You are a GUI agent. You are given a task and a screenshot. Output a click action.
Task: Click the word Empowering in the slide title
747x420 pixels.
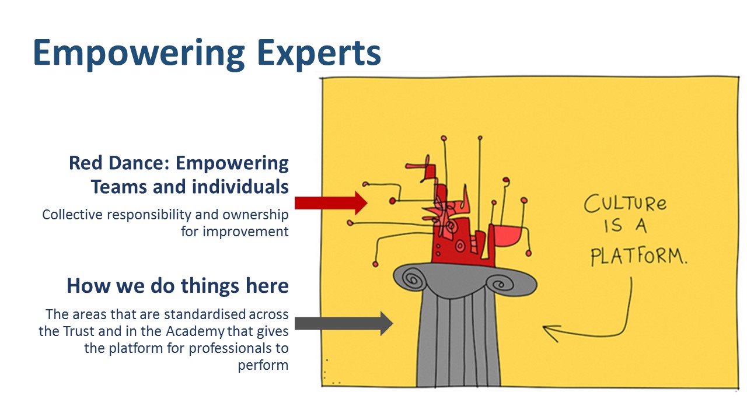(139, 53)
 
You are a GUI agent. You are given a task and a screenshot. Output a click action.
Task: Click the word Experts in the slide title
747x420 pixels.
(319, 53)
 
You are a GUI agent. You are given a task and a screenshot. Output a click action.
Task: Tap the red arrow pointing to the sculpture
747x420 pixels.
(331, 203)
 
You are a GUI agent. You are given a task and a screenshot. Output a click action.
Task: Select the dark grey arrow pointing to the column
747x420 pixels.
(344, 323)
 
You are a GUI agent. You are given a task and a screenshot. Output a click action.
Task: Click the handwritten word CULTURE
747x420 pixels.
(625, 204)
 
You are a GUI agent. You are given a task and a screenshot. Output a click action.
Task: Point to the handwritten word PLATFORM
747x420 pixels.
(638, 257)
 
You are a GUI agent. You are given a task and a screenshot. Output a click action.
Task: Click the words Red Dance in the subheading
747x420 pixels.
(120, 163)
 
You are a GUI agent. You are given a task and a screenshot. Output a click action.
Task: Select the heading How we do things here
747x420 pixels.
(177, 286)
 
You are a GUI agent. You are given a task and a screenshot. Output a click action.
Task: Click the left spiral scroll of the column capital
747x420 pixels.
(413, 279)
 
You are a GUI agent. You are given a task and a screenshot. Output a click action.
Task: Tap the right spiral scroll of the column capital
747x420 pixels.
(499, 284)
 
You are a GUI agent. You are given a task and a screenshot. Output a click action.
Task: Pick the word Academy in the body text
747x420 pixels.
(195, 332)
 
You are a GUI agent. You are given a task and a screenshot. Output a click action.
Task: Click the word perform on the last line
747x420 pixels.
(263, 365)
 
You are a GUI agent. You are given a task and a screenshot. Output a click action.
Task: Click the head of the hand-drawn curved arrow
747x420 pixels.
(551, 332)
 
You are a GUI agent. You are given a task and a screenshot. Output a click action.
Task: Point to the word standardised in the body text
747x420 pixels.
(205, 314)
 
